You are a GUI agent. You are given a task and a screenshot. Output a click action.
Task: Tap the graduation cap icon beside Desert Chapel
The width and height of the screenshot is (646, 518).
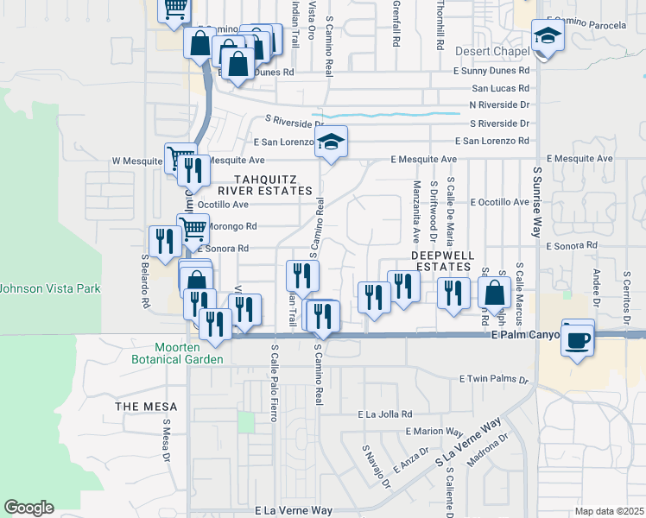548,36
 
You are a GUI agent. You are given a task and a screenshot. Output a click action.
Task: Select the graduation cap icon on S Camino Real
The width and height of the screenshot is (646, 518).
330,143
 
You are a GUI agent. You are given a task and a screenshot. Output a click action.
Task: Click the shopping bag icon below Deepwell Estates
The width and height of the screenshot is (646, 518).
495,293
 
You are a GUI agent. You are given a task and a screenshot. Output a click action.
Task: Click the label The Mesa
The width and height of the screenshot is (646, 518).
148,407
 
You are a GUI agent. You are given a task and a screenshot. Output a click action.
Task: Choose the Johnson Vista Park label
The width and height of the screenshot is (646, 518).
51,288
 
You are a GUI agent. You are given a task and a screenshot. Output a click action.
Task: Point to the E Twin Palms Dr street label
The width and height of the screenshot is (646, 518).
493,379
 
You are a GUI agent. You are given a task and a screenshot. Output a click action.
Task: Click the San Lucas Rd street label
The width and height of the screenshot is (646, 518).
500,88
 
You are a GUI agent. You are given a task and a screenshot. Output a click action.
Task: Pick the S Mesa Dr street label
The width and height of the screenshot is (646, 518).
163,442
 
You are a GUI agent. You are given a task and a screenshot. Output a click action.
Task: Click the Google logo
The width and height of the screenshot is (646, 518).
29,508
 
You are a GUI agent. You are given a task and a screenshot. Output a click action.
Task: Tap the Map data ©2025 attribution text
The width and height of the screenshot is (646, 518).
608,511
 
